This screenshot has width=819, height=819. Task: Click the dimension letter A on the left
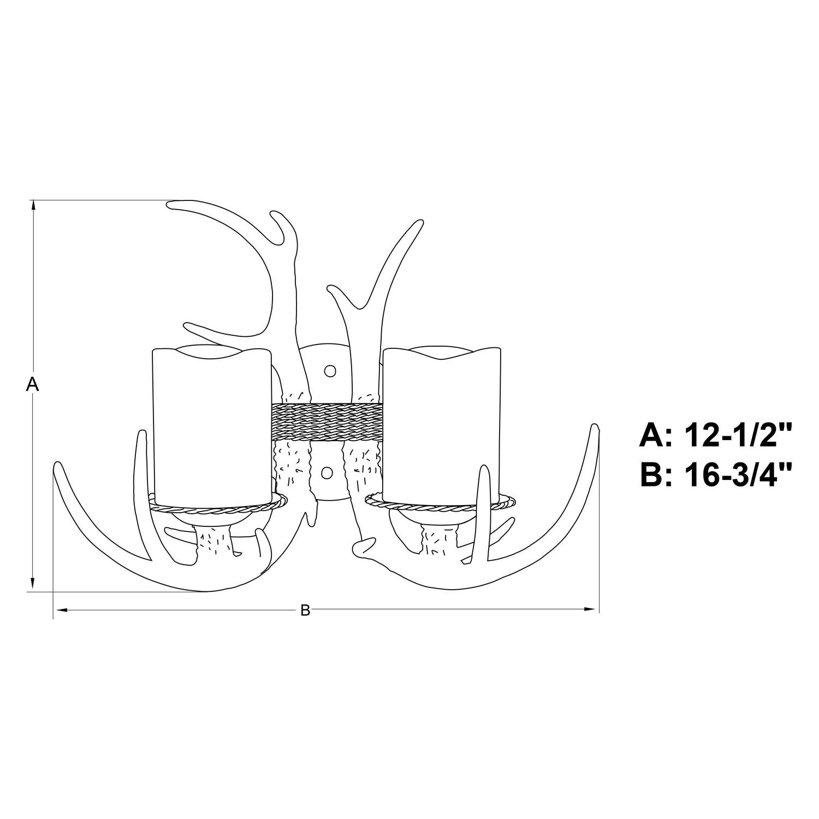pos(33,384)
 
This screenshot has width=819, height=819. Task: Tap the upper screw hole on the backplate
pos(329,371)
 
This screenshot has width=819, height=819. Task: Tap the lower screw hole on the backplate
pos(328,472)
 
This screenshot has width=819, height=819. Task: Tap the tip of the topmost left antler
pos(170,204)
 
